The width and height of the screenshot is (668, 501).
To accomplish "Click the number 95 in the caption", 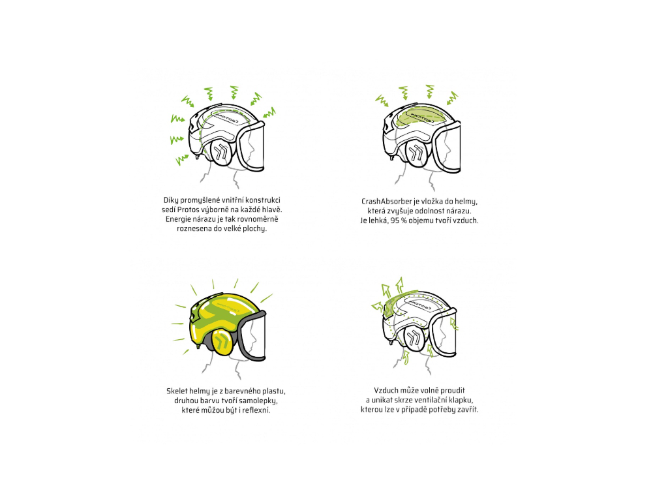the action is click(395, 220).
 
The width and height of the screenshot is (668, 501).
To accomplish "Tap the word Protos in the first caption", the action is click(189, 209).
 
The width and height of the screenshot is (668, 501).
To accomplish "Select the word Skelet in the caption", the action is click(177, 391).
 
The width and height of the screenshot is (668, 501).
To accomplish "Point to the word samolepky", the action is click(258, 401).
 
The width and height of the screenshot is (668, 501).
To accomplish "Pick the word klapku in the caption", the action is click(459, 400).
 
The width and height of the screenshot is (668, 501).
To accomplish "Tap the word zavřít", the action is click(467, 410).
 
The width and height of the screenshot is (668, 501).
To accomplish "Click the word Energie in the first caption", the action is click(178, 219).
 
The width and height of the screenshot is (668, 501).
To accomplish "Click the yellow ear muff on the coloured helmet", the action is click(222, 341).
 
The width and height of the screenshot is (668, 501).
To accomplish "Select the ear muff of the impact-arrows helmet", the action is click(222, 152).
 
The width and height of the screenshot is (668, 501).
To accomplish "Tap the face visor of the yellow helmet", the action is click(252, 336).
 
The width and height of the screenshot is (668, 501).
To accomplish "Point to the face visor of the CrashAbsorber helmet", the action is click(447, 147).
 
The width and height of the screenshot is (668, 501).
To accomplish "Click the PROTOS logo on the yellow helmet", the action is click(228, 308).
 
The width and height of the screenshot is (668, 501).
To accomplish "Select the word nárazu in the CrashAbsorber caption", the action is click(459, 211).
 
